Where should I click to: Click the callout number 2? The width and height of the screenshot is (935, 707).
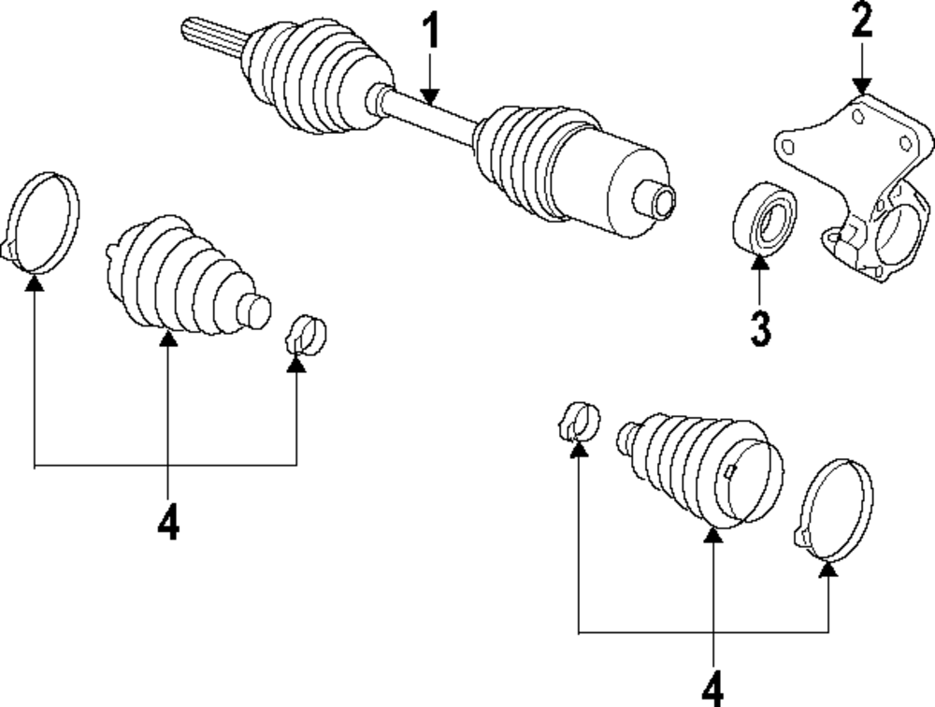861,21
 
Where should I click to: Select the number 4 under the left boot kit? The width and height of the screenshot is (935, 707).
167,524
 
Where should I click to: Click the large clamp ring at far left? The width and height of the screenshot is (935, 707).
43,223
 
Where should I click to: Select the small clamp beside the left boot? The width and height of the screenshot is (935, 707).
306,334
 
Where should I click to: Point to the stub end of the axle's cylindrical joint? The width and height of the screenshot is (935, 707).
655,199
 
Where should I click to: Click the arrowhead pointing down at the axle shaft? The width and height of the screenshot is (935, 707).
429,93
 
